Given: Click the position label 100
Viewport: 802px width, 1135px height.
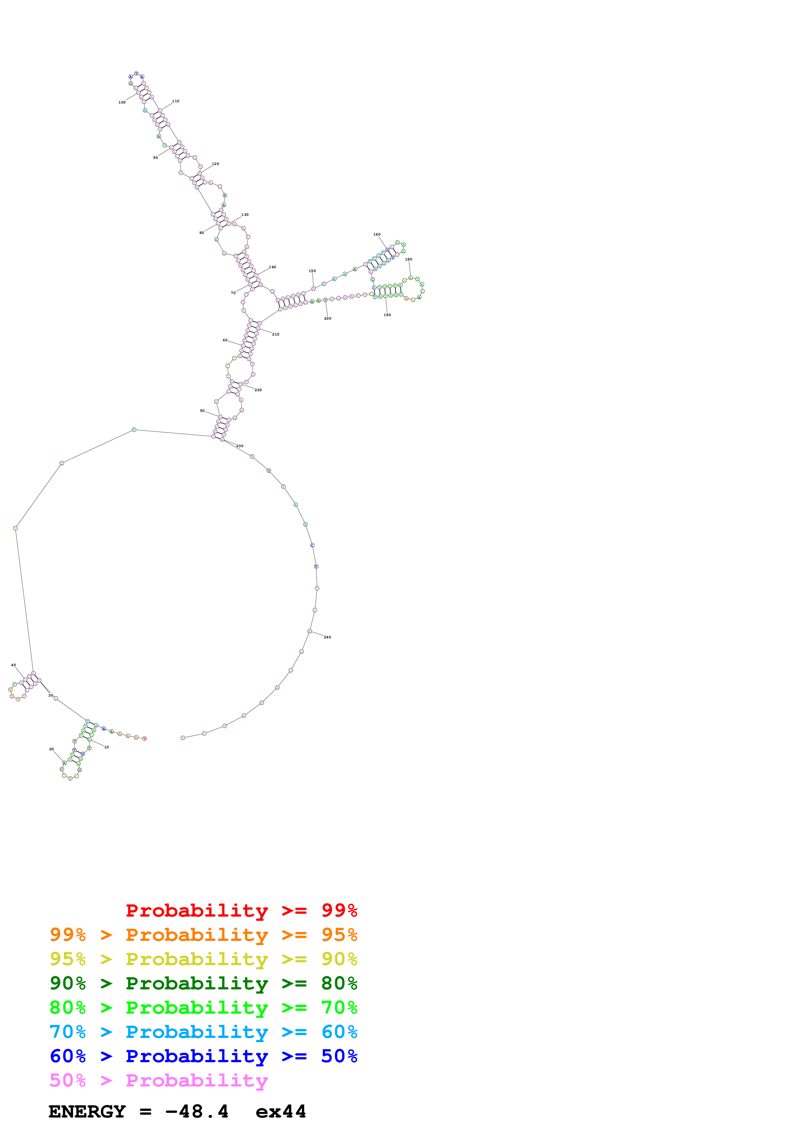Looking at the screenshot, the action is click(x=122, y=102).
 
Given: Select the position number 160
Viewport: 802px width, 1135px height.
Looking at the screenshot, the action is click(x=377, y=234).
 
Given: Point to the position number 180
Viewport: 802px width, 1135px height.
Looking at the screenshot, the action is click(x=409, y=259).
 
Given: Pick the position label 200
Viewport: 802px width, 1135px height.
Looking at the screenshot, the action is click(x=328, y=318).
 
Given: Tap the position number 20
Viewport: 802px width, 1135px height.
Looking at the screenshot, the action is click(x=51, y=749).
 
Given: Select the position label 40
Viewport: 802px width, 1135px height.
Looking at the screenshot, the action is click(x=13, y=665).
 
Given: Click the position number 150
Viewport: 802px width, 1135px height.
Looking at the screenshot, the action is click(x=312, y=271).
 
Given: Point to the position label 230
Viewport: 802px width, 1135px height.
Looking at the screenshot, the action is click(x=240, y=446).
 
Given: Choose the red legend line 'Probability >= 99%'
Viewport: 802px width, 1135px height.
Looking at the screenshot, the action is click(x=241, y=910).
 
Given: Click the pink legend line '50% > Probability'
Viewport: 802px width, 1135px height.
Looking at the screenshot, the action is click(x=159, y=1080).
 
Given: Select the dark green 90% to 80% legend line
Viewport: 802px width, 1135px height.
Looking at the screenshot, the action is click(x=203, y=983).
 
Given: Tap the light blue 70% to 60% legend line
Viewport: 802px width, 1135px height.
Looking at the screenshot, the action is click(x=203, y=1032).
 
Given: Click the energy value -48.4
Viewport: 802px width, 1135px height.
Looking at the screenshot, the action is click(x=197, y=1111).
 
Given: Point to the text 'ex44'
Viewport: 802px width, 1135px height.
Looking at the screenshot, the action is click(x=281, y=1111).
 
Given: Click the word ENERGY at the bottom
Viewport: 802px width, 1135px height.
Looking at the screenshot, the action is click(x=87, y=1111).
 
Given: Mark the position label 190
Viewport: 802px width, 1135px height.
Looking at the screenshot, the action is click(x=387, y=315).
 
